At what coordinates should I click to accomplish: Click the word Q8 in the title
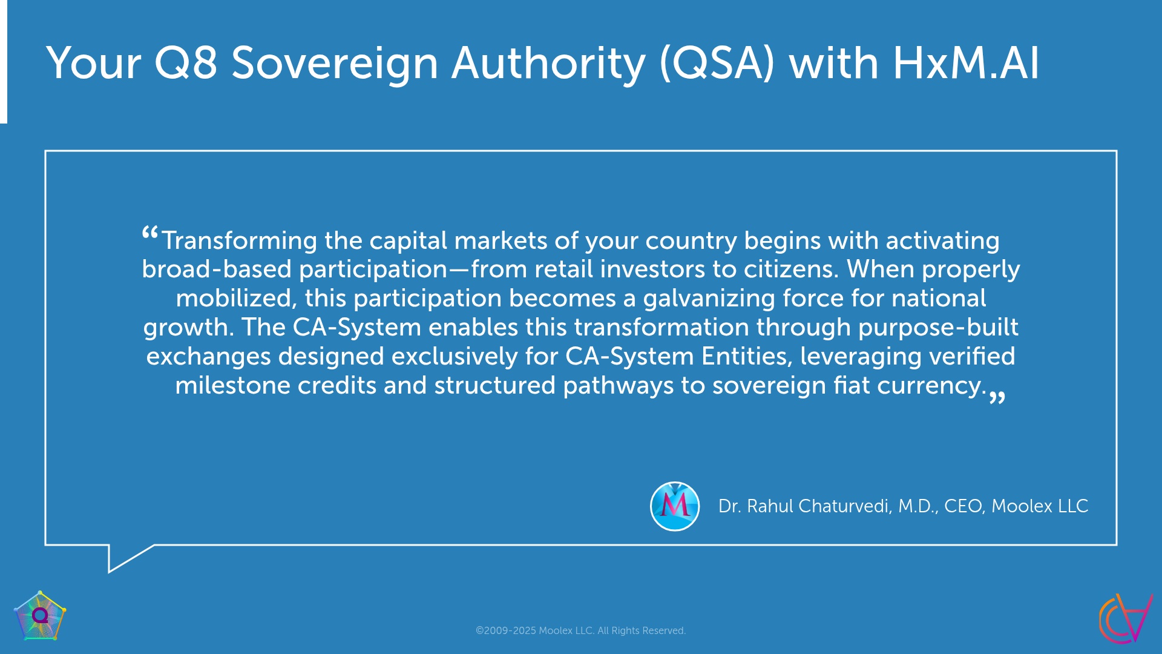click(x=186, y=63)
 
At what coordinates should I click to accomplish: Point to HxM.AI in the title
click(x=966, y=63)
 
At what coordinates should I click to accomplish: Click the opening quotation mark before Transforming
click(x=150, y=234)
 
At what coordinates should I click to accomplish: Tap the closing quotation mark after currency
click(x=997, y=397)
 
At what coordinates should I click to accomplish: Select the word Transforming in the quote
click(x=239, y=241)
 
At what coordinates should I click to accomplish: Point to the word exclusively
click(x=455, y=357)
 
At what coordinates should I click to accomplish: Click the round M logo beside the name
click(x=675, y=506)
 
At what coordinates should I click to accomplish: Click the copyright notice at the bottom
click(x=580, y=630)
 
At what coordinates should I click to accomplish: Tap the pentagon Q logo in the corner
click(x=40, y=616)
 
